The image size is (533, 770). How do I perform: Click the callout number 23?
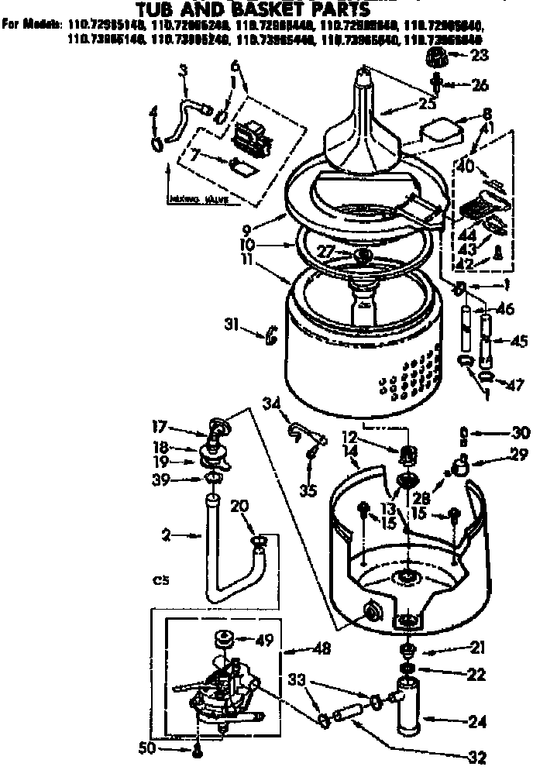[480, 55]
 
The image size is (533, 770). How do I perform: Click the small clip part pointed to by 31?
[271, 336]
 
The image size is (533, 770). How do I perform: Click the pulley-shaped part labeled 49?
[224, 640]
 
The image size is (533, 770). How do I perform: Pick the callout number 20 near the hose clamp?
[239, 505]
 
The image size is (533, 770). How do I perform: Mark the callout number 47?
[514, 384]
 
